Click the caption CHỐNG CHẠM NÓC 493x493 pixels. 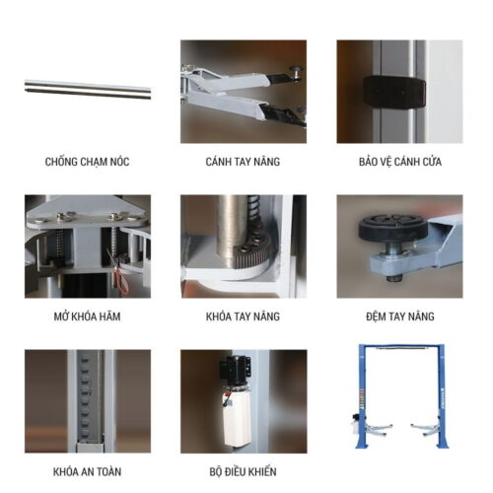click(x=87, y=161)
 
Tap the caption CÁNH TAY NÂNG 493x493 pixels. click(x=243, y=161)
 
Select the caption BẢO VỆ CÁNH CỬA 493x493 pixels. click(x=398, y=161)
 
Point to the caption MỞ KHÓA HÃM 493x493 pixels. click(x=87, y=316)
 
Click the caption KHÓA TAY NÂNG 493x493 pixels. click(x=243, y=316)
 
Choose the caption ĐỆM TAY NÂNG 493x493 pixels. click(x=398, y=316)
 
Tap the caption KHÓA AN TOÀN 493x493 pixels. click(x=87, y=471)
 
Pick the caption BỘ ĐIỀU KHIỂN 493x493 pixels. click(x=243, y=471)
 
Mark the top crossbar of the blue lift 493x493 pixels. click(x=398, y=348)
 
